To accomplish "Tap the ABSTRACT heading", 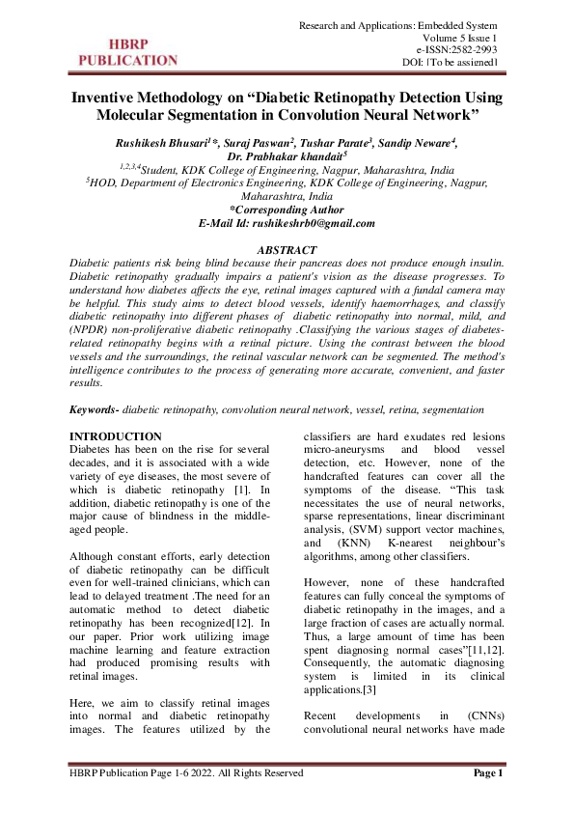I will (x=287, y=248).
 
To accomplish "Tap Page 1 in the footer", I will (x=487, y=772).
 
